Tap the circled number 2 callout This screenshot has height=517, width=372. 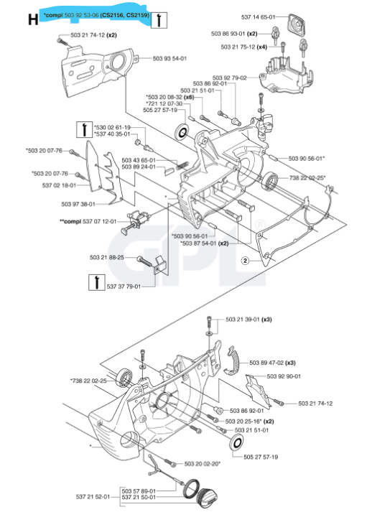tap(245, 261)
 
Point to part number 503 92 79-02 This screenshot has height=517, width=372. tap(230, 78)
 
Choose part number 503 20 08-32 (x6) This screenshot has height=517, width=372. tap(169, 97)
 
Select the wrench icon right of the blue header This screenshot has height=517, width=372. tap(162, 16)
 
